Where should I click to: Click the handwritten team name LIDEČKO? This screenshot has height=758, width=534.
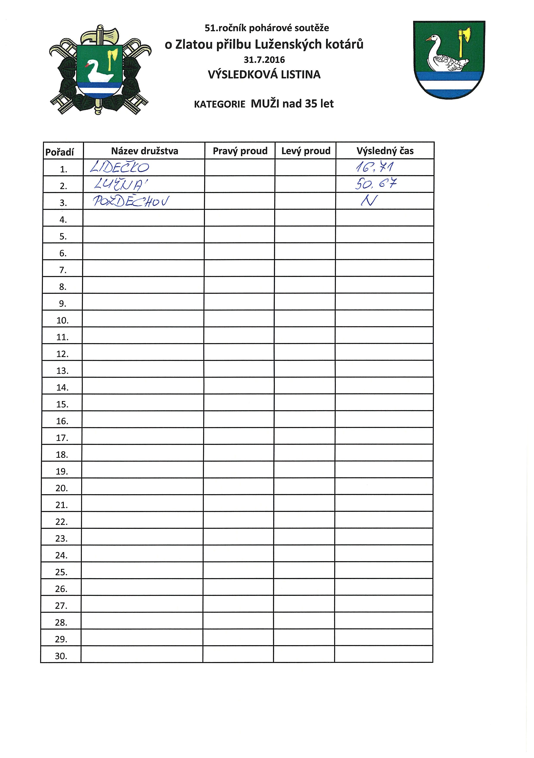coord(120,167)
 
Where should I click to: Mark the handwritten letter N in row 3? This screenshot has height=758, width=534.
coord(369,200)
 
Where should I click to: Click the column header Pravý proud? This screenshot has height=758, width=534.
coord(240,151)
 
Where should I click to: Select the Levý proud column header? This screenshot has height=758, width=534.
coord(306,151)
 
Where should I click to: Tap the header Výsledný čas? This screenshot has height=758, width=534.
coord(385,151)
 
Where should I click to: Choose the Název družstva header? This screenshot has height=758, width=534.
coord(144,151)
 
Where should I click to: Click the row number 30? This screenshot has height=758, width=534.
coord(61,656)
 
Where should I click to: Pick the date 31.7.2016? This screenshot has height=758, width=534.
coord(264,60)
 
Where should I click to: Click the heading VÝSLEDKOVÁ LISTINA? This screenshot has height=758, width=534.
coord(264,75)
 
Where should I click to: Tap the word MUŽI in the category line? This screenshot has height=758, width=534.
coord(265,104)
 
